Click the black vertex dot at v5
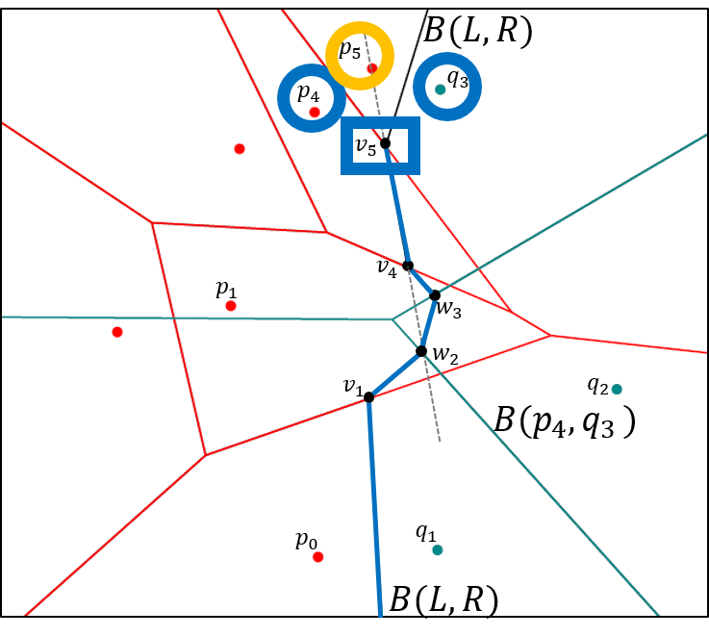(x=385, y=143)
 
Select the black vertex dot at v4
(x=408, y=266)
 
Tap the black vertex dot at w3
(x=435, y=295)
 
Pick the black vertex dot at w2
(x=421, y=351)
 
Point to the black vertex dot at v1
(x=368, y=396)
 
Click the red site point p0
(x=318, y=557)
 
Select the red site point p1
(x=231, y=306)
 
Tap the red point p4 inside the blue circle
(x=315, y=113)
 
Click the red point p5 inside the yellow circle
(x=372, y=68)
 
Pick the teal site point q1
(x=438, y=550)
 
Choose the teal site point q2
(x=617, y=390)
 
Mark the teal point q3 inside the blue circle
(x=440, y=89)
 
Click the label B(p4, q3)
(x=565, y=421)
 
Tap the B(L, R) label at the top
(x=478, y=31)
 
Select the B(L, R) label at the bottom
(x=443, y=601)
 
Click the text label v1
(x=352, y=386)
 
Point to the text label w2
(x=444, y=354)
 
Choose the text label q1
(x=425, y=531)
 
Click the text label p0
(x=306, y=541)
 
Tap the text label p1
(x=226, y=288)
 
